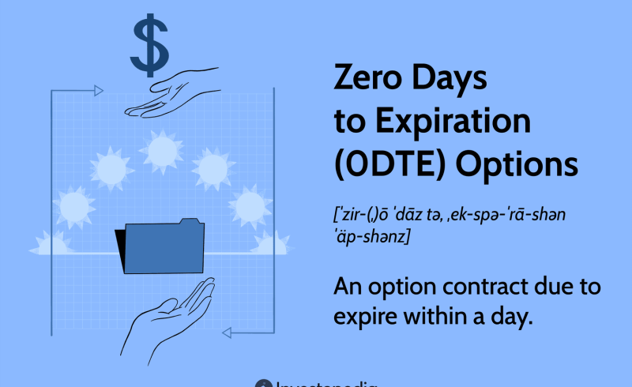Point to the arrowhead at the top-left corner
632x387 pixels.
[x=98, y=91]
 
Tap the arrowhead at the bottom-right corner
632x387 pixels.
[x=227, y=333]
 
